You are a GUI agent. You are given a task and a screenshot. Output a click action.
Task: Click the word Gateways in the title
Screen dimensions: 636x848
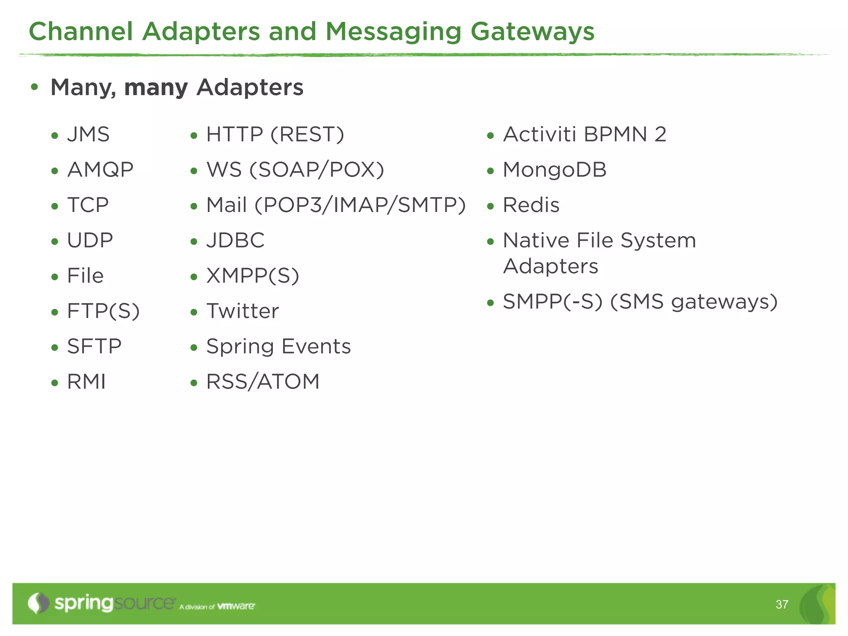pyautogui.click(x=532, y=32)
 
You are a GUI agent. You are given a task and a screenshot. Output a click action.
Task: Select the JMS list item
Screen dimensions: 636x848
pyautogui.click(x=88, y=135)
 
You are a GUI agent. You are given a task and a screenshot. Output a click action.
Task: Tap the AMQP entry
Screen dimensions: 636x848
pyautogui.click(x=100, y=170)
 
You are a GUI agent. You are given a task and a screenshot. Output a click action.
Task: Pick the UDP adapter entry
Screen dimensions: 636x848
pyautogui.click(x=90, y=241)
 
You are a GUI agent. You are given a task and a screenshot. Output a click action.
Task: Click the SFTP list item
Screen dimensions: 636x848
pyautogui.click(x=94, y=347)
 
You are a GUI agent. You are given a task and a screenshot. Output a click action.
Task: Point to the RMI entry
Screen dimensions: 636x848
pyautogui.click(x=86, y=382)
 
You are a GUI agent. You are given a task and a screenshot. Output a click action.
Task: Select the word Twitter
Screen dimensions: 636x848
pyautogui.click(x=243, y=311)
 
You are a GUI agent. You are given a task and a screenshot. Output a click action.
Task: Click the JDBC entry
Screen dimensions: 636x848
pyautogui.click(x=235, y=241)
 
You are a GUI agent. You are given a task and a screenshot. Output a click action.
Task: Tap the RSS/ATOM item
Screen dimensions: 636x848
pyautogui.click(x=263, y=382)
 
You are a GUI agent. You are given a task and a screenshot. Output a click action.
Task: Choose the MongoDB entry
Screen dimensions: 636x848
pyautogui.click(x=554, y=170)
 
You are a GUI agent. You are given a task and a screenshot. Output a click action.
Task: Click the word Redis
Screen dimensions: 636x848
pyautogui.click(x=531, y=205)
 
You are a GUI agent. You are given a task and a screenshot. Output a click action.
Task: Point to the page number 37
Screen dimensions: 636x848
pyautogui.click(x=782, y=605)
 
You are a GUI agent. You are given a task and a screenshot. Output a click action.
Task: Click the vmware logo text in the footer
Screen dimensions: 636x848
pyautogui.click(x=236, y=606)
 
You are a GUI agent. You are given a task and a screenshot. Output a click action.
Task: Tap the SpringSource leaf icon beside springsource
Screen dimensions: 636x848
pyautogui.click(x=39, y=603)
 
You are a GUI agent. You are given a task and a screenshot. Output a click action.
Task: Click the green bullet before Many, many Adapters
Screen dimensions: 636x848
pyautogui.click(x=35, y=87)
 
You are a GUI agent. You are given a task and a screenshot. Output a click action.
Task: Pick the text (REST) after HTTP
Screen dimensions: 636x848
pyautogui.click(x=307, y=135)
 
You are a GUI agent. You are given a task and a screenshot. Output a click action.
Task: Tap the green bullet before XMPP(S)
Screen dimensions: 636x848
pyautogui.click(x=194, y=277)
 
